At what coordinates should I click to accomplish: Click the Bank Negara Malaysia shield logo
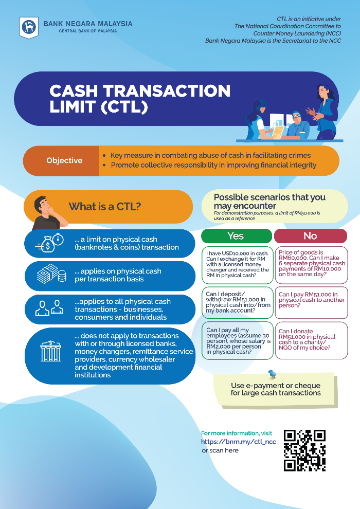[29, 27]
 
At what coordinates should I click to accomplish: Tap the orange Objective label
[64, 160]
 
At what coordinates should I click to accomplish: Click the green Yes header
[236, 236]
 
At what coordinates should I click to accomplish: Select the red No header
[310, 236]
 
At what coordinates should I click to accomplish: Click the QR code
[305, 450]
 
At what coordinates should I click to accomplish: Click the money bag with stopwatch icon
[50, 243]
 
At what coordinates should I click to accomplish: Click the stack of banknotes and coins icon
[51, 275]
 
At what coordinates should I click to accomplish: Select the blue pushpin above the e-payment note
[272, 374]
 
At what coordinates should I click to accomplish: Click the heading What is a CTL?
[105, 207]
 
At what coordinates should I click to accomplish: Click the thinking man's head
[43, 205]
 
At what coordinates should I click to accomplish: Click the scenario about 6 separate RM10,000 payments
[311, 263]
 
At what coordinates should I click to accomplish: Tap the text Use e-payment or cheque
[276, 386]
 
